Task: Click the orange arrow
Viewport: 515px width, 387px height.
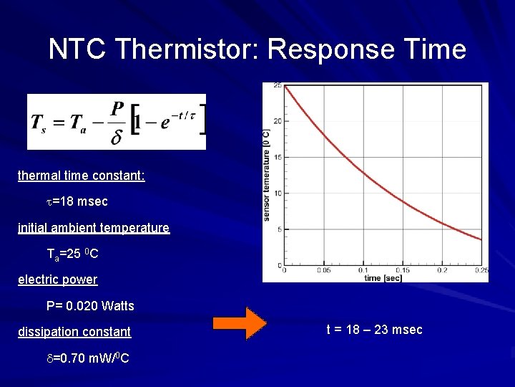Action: coord(245,323)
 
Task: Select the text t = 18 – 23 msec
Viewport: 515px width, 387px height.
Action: coord(374,330)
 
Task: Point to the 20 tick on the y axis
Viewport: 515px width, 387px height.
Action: coord(278,120)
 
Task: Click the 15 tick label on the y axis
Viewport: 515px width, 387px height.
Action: coord(278,157)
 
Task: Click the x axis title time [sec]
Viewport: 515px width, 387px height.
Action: coord(383,277)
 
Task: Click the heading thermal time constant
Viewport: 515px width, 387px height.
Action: coord(82,176)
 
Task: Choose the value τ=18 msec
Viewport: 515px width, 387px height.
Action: coord(77,202)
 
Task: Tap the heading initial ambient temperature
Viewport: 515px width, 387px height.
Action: coord(94,228)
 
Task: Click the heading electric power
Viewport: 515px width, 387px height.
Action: coord(58,279)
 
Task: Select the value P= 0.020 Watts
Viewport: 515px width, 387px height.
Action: coord(90,306)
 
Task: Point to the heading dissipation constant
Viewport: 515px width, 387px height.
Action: coord(74,332)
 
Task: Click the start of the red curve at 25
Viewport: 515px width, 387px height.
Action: coord(285,86)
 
